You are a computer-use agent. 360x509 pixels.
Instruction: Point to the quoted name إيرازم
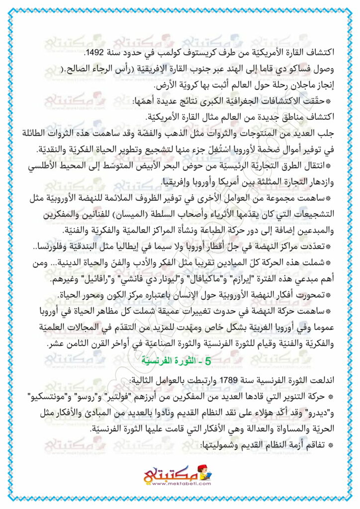click(227, 279)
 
